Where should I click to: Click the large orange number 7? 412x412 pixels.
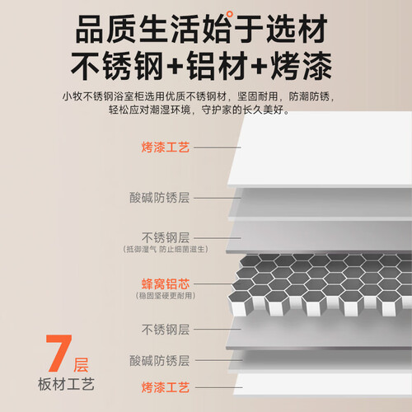[59, 353]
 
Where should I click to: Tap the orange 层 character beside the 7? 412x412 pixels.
[81, 365]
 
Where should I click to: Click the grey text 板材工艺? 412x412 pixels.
[66, 384]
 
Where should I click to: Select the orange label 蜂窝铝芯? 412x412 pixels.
[166, 283]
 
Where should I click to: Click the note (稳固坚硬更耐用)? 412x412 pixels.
[166, 296]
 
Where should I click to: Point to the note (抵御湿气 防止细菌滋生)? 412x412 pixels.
[166, 249]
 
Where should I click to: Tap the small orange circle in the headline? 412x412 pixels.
[230, 14]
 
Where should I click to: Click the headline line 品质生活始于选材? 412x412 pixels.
[201, 29]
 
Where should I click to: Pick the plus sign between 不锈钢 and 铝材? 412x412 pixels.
[175, 66]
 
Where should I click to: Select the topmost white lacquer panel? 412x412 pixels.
[320, 148]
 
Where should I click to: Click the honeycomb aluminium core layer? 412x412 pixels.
[320, 284]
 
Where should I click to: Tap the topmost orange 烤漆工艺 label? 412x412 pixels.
[166, 147]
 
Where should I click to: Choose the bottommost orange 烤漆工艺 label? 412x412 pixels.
[166, 387]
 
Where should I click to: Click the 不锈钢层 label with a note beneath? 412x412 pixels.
[166, 237]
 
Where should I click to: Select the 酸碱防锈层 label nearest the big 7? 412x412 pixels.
[160, 361]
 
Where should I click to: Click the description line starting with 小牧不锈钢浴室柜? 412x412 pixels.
[199, 96]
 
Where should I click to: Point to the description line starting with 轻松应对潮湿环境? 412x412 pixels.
[199, 110]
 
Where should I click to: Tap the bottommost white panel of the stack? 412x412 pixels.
[323, 385]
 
